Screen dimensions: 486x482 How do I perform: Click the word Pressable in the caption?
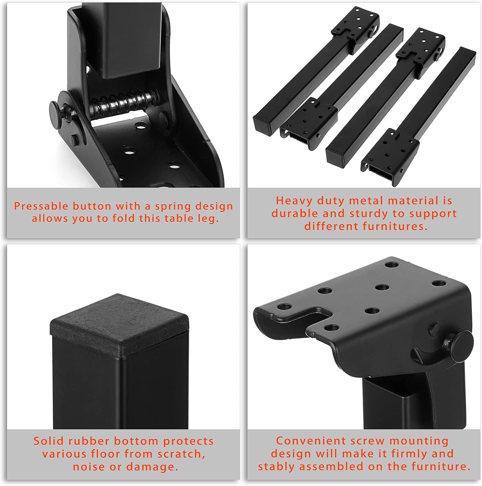tap(41, 206)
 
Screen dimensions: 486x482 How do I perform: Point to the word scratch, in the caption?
tap(181, 454)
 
